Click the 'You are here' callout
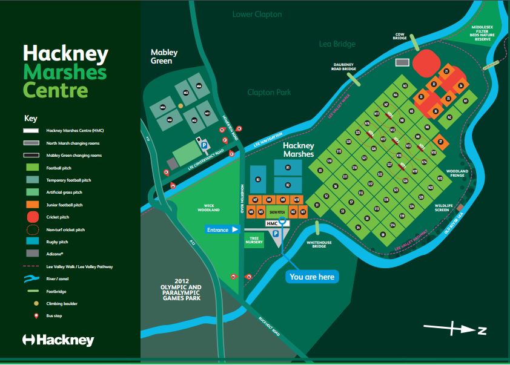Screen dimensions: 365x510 click(x=312, y=277)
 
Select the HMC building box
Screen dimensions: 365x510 click(x=273, y=223)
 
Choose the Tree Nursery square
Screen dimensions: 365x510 click(x=253, y=240)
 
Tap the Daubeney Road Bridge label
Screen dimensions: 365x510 click(x=345, y=68)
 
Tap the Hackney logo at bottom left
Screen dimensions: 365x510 click(x=58, y=340)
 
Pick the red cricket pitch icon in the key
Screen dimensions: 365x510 click(x=33, y=217)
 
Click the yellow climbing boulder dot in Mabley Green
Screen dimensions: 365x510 click(x=180, y=106)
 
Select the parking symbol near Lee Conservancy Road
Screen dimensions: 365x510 click(x=203, y=146)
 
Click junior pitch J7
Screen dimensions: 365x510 click(x=440, y=142)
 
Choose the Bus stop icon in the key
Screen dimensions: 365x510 click(x=33, y=316)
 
